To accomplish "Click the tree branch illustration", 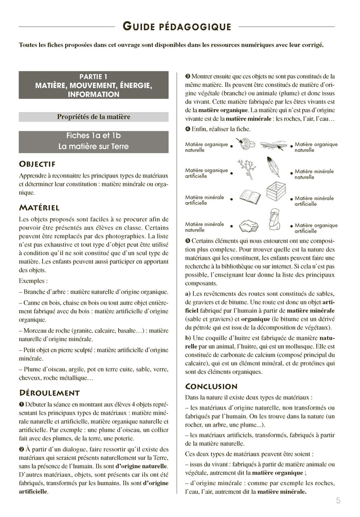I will (246, 168).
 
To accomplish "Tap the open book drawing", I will (249, 198).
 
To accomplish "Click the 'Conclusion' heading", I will (211, 386).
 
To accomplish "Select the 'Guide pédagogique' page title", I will (177, 26).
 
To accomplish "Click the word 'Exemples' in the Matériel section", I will (32, 281).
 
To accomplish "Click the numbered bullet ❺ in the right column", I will (188, 241).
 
